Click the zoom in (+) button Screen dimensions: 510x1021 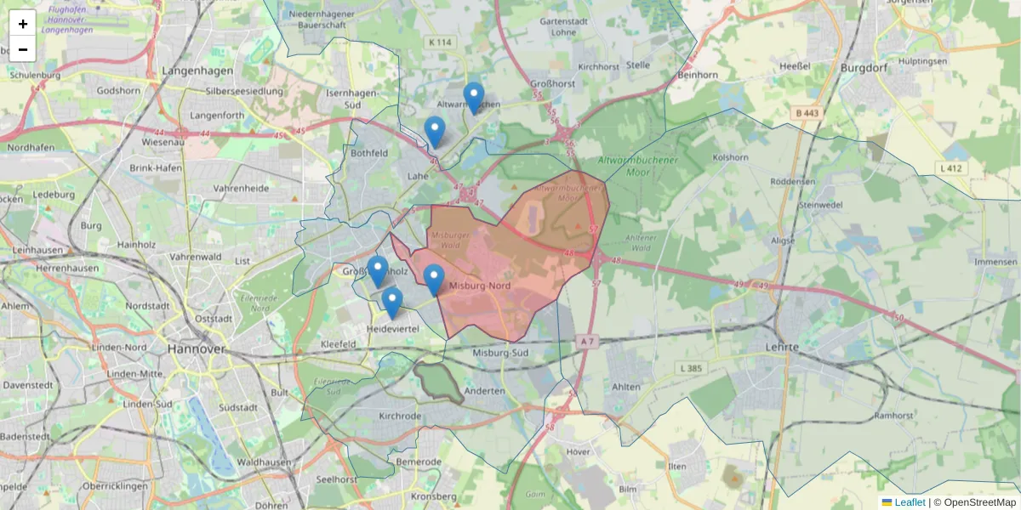pyautogui.click(x=22, y=24)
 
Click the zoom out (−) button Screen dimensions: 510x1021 pyautogui.click(x=22, y=49)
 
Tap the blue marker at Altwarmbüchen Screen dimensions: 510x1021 pyautogui.click(x=474, y=98)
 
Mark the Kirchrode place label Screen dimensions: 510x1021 pyautogui.click(x=400, y=416)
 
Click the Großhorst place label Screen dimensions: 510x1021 pyautogui.click(x=553, y=84)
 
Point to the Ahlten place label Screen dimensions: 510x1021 pyautogui.click(x=626, y=387)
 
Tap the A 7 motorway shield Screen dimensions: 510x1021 pyautogui.click(x=586, y=341)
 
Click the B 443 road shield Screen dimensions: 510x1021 pyautogui.click(x=807, y=113)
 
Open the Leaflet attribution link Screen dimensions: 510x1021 pyautogui.click(x=910, y=502)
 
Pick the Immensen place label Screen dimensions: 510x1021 pyautogui.click(x=995, y=262)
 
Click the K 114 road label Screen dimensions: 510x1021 pyautogui.click(x=442, y=42)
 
